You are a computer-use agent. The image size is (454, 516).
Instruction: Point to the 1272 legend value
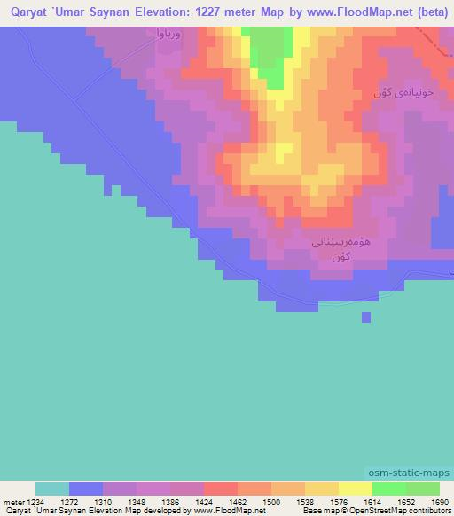pos(69,501)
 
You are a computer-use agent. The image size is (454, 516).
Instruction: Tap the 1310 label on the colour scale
pos(103,501)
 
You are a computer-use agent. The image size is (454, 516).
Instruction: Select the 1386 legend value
pos(170,501)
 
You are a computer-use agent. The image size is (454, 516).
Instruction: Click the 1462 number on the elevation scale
pos(238,501)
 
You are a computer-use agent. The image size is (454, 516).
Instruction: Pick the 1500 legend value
pos(271,501)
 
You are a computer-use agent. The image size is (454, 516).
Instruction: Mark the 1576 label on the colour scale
pos(339,501)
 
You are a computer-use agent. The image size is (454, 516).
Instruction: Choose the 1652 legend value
pos(406,501)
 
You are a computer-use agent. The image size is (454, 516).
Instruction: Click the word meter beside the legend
pos(13,501)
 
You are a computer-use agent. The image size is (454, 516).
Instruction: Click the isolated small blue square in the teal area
pos(365,317)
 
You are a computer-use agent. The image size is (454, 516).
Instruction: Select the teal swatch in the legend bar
pos(52,489)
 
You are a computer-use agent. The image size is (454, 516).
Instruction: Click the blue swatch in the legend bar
pos(86,489)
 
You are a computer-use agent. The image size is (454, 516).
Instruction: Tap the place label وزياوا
pos(168,35)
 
